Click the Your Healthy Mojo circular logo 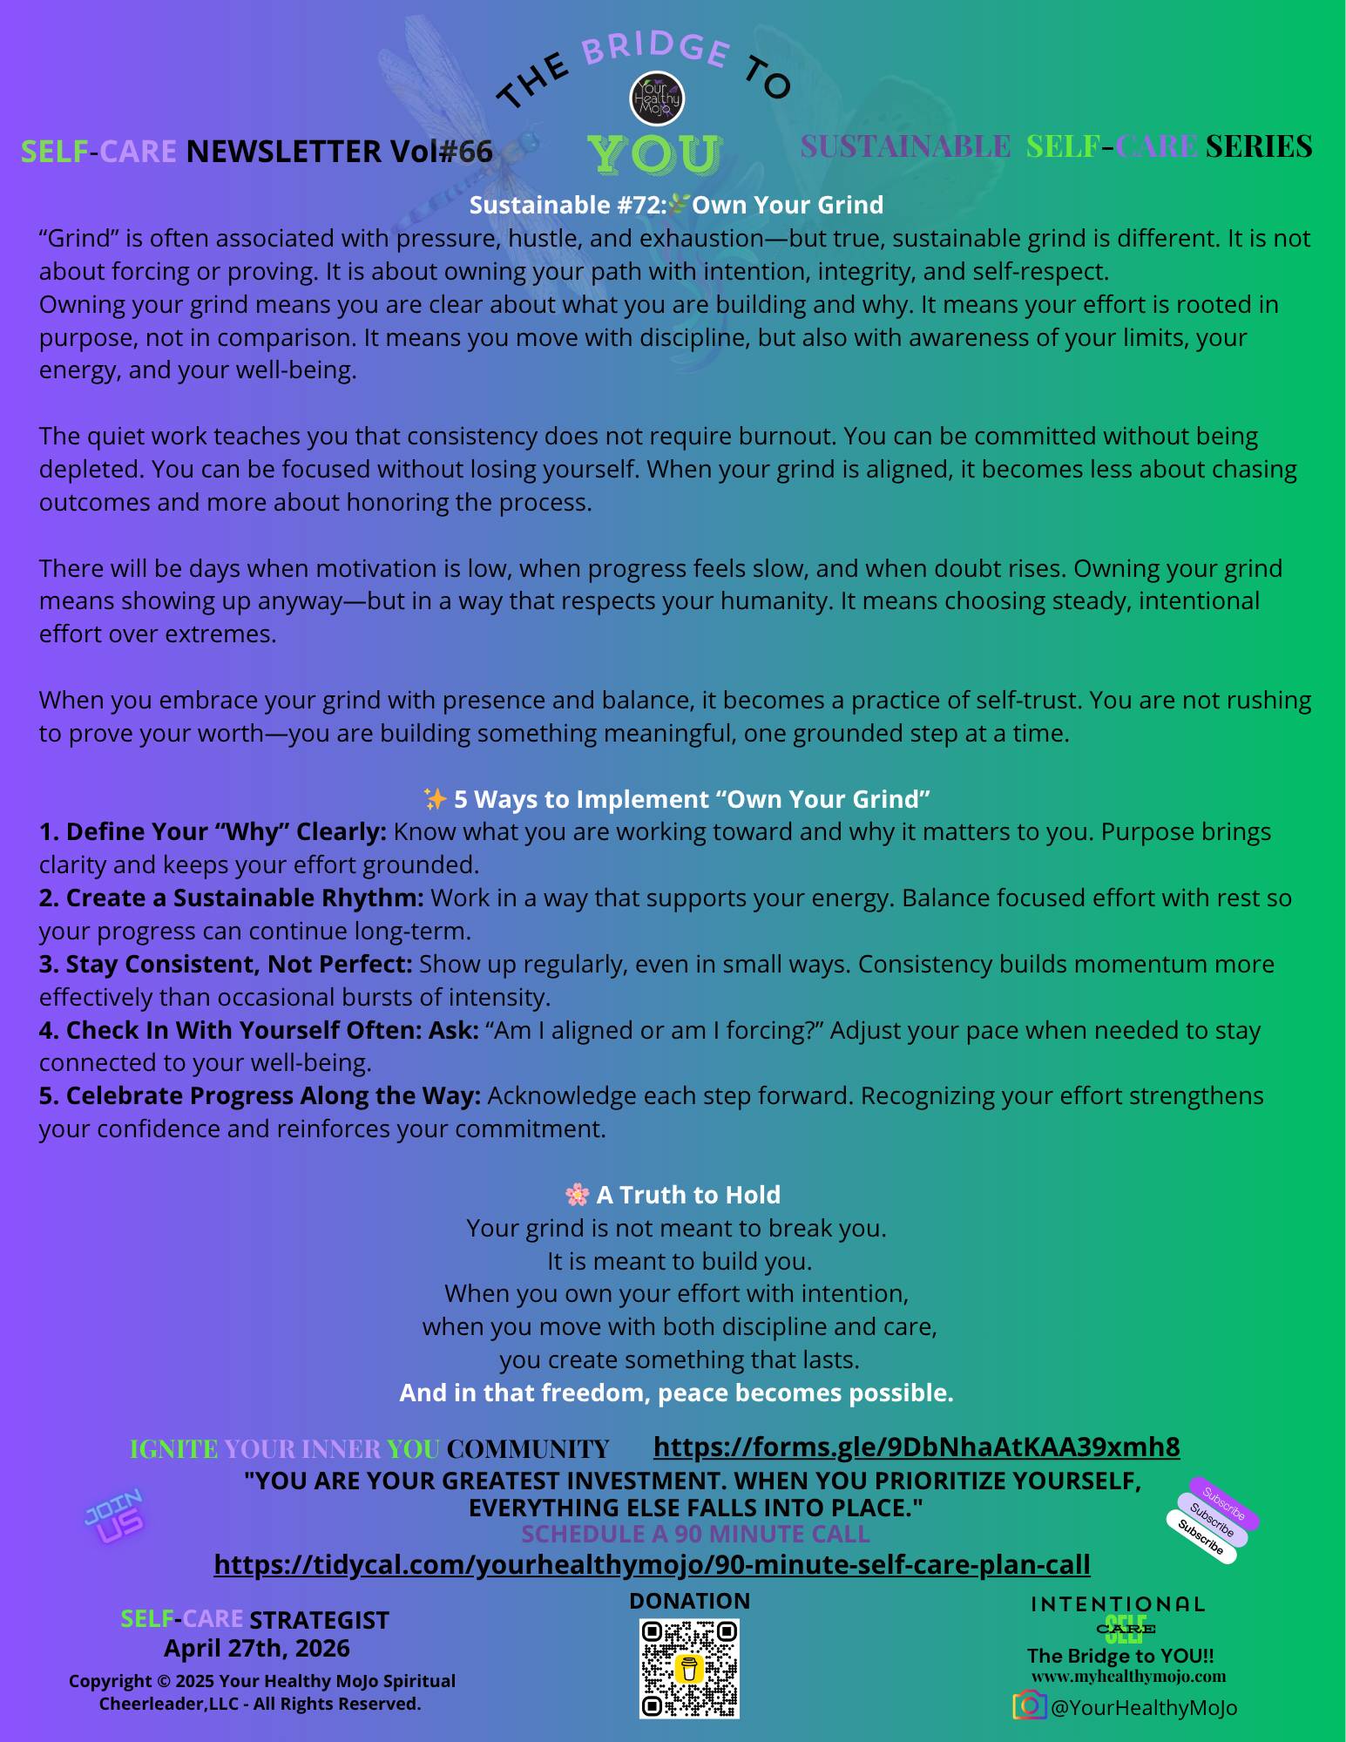click(656, 98)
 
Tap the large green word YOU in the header click(654, 154)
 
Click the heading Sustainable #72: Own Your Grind click(676, 205)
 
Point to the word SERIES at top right click(1259, 146)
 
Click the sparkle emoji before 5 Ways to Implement click(434, 798)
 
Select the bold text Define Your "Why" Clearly click(213, 831)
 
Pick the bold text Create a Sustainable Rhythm click(231, 898)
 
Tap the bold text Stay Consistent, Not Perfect click(226, 964)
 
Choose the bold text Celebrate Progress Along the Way click(260, 1095)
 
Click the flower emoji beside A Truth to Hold click(577, 1194)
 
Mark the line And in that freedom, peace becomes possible click(676, 1393)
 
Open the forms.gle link click(916, 1447)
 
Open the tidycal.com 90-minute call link click(652, 1564)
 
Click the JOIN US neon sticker click(114, 1517)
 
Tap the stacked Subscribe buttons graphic click(1213, 1521)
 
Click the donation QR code click(689, 1669)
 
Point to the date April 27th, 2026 click(257, 1648)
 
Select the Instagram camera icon click(1029, 1705)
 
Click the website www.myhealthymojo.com click(1128, 1676)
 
